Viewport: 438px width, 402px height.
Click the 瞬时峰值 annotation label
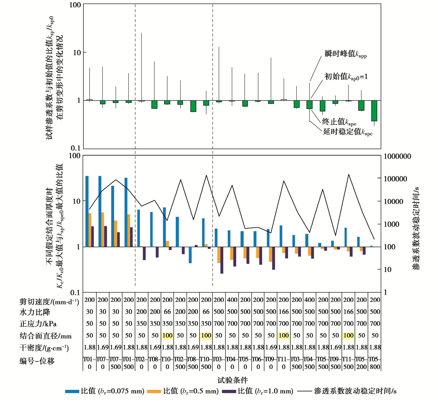pos(346,54)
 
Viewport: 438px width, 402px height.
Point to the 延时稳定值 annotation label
pos(347,132)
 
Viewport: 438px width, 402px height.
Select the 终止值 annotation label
pos(339,122)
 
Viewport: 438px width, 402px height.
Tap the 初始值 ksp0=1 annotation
pos(346,77)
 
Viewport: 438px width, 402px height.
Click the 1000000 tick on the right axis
pos(397,156)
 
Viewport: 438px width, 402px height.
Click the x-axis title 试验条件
pos(232,380)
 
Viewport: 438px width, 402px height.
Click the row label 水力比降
pos(35,312)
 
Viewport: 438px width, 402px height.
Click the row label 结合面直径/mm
pos(45,336)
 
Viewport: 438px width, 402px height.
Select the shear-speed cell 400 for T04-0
pos(232,300)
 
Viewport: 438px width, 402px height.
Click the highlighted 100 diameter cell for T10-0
pos(167,335)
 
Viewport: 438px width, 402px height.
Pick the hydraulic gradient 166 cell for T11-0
pos(284,312)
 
